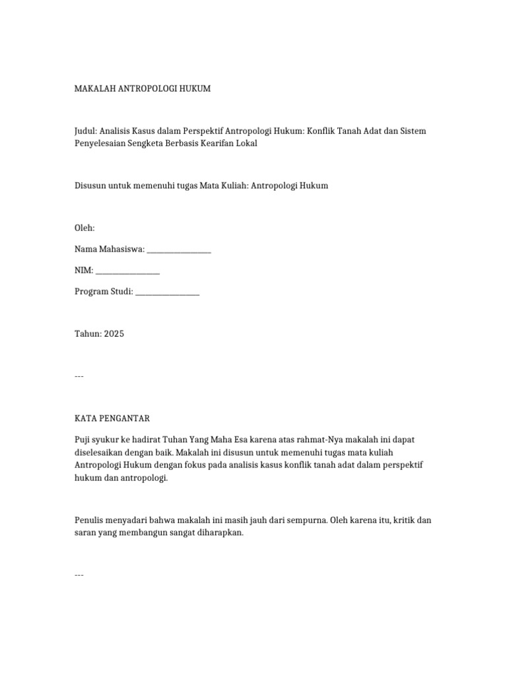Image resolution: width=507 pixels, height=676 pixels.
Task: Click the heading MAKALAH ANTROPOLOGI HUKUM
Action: click(x=143, y=88)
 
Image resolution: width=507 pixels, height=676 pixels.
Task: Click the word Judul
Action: click(x=86, y=131)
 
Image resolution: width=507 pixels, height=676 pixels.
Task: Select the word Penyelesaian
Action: click(x=100, y=143)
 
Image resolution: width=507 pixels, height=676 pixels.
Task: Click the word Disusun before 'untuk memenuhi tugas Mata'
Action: click(x=90, y=186)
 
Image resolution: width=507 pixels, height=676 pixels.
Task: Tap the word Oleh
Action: click(x=84, y=228)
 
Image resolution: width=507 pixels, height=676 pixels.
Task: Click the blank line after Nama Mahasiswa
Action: click(x=179, y=250)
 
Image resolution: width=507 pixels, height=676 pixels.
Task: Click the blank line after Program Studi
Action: click(x=168, y=292)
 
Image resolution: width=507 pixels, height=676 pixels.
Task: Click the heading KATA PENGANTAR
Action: click(x=112, y=419)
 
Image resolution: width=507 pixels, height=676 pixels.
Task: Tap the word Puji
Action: click(x=83, y=440)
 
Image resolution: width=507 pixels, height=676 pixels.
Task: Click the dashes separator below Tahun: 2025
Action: click(x=79, y=376)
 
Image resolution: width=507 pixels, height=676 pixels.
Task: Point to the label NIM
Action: click(x=84, y=271)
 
